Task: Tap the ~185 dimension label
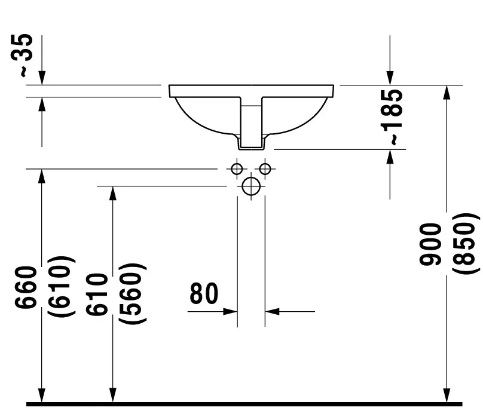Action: (x=392, y=117)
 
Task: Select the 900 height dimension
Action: (x=430, y=244)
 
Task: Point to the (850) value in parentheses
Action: (x=466, y=243)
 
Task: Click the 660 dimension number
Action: (x=26, y=287)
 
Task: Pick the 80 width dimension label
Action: (x=204, y=293)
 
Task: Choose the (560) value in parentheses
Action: (x=133, y=293)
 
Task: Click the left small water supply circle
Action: (x=237, y=168)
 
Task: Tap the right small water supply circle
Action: (x=265, y=168)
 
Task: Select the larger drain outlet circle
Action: (x=251, y=186)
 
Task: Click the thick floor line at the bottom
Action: (x=244, y=404)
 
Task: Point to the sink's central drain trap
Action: (x=251, y=123)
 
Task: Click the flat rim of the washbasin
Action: (x=251, y=91)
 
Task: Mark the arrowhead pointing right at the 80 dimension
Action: (x=230, y=312)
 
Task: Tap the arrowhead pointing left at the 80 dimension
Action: (x=272, y=312)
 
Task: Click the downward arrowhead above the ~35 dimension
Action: (x=42, y=78)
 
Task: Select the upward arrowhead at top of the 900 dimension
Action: (x=447, y=92)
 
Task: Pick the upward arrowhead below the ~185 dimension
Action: (x=390, y=157)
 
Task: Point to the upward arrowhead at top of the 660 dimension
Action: (x=42, y=176)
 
